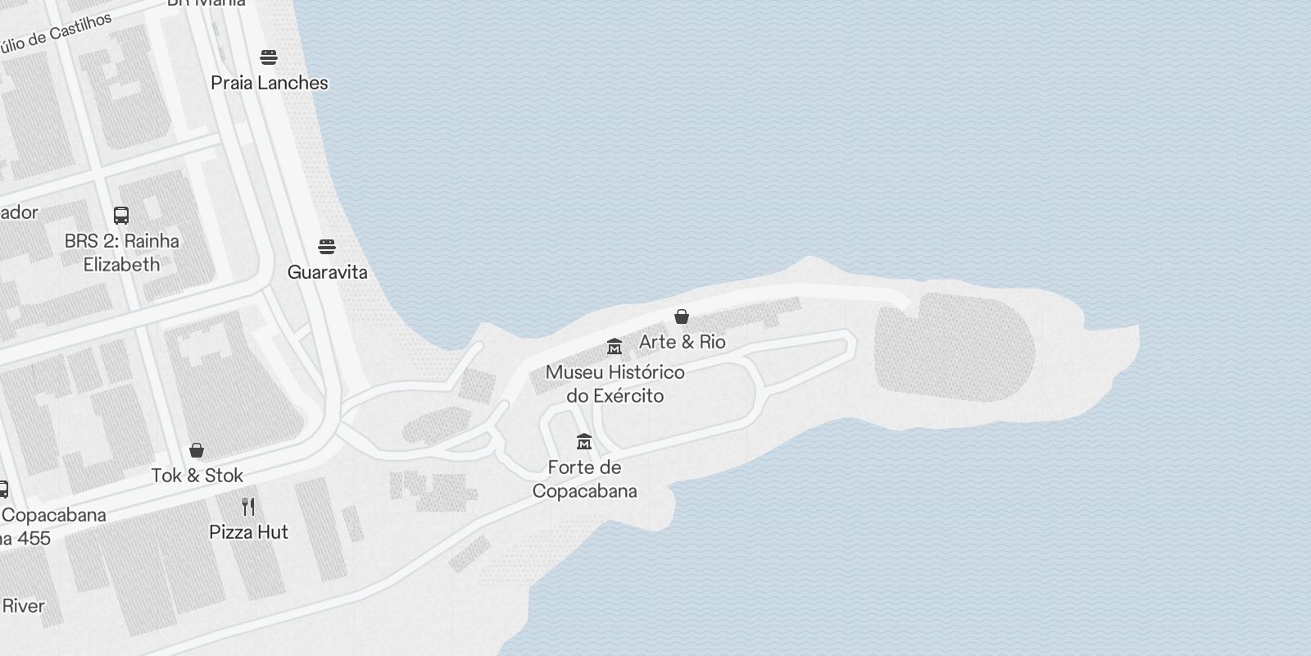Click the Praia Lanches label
[270, 83]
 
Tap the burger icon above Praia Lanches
[269, 57]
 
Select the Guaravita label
[327, 272]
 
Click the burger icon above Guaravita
[327, 247]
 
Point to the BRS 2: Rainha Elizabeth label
[122, 253]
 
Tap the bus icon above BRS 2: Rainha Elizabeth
[121, 216]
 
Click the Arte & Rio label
[682, 342]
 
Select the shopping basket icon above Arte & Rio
[681, 317]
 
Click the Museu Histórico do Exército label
[615, 384]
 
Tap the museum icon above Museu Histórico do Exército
[615, 347]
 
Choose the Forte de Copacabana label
[585, 479]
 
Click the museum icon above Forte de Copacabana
[584, 442]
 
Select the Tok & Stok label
[197, 476]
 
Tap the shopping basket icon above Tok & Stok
[197, 450]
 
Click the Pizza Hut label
[249, 532]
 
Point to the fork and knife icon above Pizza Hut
[248, 507]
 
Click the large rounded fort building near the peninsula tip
[955, 348]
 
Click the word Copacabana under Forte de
[585, 491]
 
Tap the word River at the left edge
[23, 607]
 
